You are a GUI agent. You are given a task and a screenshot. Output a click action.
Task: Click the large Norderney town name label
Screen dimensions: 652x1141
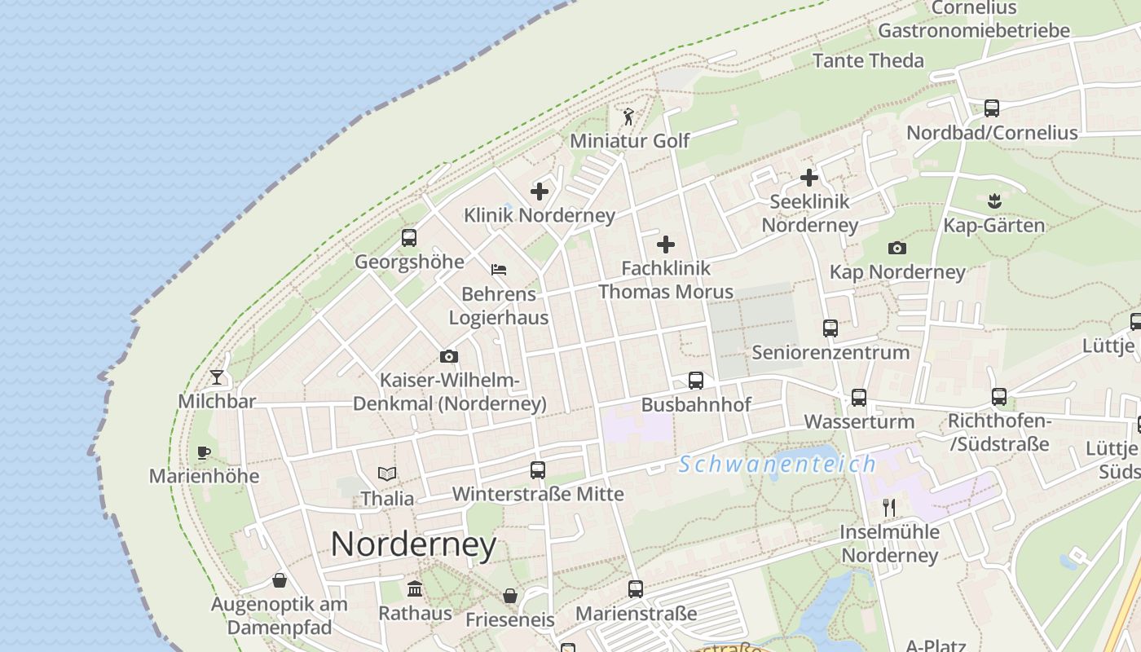[x=413, y=544]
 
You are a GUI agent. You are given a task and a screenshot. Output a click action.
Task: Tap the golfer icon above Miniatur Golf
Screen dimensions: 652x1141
[x=628, y=117]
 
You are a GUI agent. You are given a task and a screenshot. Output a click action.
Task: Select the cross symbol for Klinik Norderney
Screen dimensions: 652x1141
[x=540, y=192]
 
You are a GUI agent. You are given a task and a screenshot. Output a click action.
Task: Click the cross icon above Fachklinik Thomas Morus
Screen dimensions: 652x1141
[x=666, y=244]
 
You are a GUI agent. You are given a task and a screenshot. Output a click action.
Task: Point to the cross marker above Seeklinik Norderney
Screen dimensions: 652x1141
[x=808, y=177]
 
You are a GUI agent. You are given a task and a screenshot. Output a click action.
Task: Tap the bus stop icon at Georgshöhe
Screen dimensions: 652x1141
[x=409, y=238]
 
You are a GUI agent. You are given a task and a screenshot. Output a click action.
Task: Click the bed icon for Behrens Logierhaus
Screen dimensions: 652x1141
[x=499, y=270]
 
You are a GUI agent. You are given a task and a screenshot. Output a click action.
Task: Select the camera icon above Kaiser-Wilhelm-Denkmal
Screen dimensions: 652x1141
[x=448, y=356]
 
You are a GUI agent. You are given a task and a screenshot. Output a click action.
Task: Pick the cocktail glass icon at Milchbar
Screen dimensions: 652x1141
[x=217, y=377]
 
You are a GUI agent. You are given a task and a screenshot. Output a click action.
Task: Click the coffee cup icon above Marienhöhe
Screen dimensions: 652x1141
[x=204, y=452]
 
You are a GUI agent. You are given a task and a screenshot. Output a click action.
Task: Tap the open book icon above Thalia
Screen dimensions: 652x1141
[x=387, y=474]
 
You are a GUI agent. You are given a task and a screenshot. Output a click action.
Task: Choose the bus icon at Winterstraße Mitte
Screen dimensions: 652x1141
[x=537, y=469]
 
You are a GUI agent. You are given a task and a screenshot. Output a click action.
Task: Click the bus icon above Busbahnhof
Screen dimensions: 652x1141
[x=696, y=381]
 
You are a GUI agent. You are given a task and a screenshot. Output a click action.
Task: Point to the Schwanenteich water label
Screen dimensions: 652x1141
[x=778, y=465]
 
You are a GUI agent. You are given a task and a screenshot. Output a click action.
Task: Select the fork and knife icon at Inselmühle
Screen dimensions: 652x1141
[x=889, y=508]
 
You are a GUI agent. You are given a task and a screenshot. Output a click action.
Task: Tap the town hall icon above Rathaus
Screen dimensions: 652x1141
[x=415, y=588]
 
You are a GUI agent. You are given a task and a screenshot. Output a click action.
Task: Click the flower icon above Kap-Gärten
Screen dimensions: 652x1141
[x=993, y=200]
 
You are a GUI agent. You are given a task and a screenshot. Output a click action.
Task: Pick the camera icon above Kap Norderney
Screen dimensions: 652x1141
[x=897, y=248]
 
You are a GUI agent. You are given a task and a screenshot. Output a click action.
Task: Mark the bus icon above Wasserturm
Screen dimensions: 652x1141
[x=859, y=398]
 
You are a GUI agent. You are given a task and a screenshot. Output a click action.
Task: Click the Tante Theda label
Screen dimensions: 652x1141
[x=868, y=60]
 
